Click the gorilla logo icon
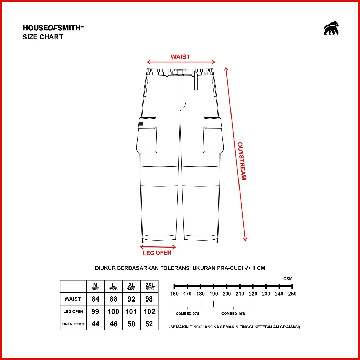(x=331, y=28)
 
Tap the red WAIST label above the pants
(x=180, y=57)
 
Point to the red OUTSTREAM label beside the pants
(x=242, y=161)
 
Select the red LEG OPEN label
(x=157, y=253)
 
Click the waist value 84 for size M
(x=95, y=299)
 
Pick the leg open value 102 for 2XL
(x=149, y=312)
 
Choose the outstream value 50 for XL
(x=131, y=324)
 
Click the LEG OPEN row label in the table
(x=73, y=312)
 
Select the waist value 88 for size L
(x=114, y=299)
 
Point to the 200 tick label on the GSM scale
(x=227, y=294)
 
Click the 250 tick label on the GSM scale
(x=292, y=294)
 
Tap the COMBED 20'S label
(x=187, y=314)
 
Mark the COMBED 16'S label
(x=233, y=314)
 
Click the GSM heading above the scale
(x=288, y=279)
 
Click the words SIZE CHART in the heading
(x=43, y=37)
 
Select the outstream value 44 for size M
(x=95, y=324)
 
